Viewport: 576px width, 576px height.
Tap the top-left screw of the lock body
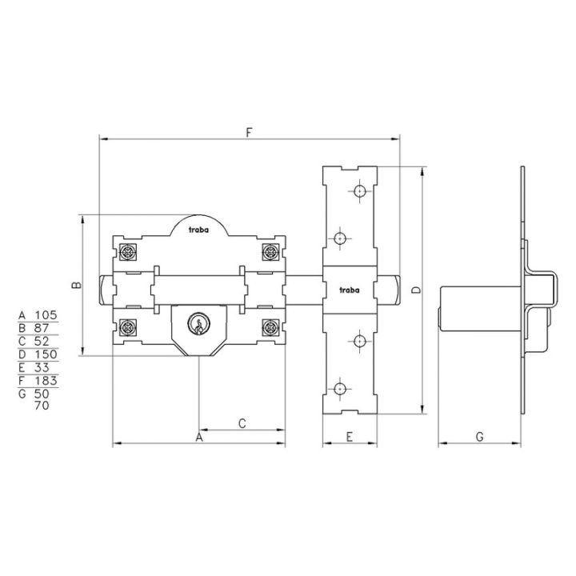click(128, 252)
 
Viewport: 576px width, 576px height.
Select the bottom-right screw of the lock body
click(270, 327)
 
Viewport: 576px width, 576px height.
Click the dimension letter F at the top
click(250, 133)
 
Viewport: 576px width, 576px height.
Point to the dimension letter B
click(77, 285)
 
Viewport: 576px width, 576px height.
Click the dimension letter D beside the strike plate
click(416, 290)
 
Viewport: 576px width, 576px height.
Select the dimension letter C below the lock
click(242, 423)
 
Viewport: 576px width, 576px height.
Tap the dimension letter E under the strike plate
click(350, 437)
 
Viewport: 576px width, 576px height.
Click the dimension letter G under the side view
click(480, 437)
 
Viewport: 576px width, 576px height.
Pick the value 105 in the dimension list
click(46, 315)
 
